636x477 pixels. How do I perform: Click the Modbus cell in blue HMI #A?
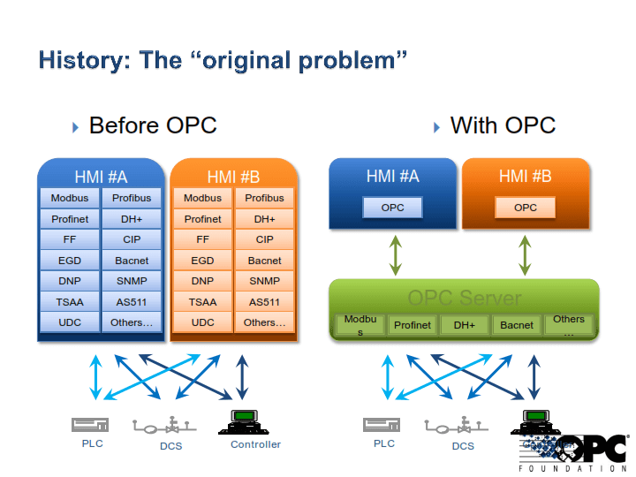pyautogui.click(x=70, y=198)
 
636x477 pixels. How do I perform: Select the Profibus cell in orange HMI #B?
pyautogui.click(x=264, y=198)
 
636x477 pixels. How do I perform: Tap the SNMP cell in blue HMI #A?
pyautogui.click(x=132, y=281)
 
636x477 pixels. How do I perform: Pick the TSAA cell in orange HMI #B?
pyautogui.click(x=202, y=302)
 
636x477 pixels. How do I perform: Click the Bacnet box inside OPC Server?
pyautogui.click(x=517, y=325)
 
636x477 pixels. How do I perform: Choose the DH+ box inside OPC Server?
pyautogui.click(x=465, y=325)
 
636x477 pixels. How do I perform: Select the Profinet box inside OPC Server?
pyautogui.click(x=413, y=325)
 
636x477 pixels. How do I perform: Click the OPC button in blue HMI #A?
pyautogui.click(x=392, y=208)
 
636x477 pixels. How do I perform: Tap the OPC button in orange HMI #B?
pyautogui.click(x=526, y=208)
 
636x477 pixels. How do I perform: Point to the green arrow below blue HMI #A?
pyautogui.click(x=395, y=254)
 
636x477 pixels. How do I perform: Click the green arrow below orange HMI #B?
pyautogui.click(x=526, y=254)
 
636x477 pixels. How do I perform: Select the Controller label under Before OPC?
pyautogui.click(x=255, y=444)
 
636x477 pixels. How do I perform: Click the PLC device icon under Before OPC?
pyautogui.click(x=90, y=425)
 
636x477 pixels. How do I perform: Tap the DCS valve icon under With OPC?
pyautogui.click(x=463, y=425)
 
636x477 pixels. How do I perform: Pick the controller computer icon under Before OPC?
pyautogui.click(x=242, y=421)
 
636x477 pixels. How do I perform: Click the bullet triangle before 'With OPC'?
pyautogui.click(x=436, y=127)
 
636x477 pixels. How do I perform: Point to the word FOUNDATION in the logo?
pyautogui.click(x=572, y=468)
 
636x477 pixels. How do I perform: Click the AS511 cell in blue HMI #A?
pyautogui.click(x=132, y=302)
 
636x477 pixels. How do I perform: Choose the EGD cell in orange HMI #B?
pyautogui.click(x=202, y=261)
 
